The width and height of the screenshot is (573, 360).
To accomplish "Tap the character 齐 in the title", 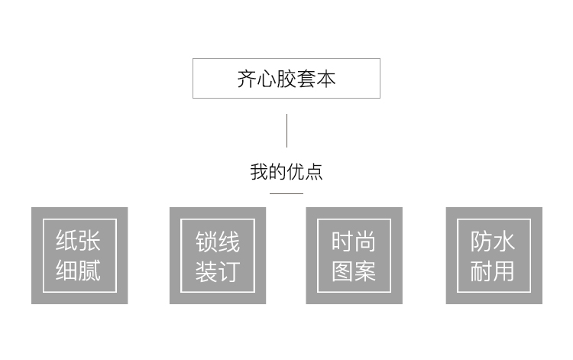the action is pyautogui.click(x=247, y=79).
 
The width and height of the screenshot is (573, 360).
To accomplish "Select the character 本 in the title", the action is pyautogui.click(x=326, y=79).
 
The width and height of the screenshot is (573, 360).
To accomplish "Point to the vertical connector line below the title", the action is pyautogui.click(x=286, y=131).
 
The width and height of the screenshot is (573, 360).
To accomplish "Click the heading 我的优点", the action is pyautogui.click(x=286, y=172).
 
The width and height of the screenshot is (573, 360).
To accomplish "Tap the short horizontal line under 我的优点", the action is pyautogui.click(x=286, y=193).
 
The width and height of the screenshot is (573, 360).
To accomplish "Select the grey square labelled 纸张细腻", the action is pyautogui.click(x=79, y=255).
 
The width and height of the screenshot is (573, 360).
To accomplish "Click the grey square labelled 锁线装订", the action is pyautogui.click(x=218, y=255).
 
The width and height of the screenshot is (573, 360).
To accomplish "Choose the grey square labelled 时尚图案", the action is pyautogui.click(x=354, y=255).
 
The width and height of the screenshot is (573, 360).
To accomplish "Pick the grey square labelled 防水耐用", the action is pyautogui.click(x=494, y=255).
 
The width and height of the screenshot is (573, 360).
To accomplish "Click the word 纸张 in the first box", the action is pyautogui.click(x=78, y=241).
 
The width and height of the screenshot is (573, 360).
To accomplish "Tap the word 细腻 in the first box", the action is pyautogui.click(x=78, y=271).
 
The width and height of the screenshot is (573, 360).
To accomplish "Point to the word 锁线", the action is pyautogui.click(x=218, y=242).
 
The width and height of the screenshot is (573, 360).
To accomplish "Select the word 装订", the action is pyautogui.click(x=218, y=271).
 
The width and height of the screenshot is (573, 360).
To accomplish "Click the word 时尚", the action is pyautogui.click(x=354, y=242).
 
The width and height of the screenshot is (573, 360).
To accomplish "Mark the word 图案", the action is pyautogui.click(x=354, y=271).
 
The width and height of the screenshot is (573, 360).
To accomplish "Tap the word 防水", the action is pyautogui.click(x=493, y=242).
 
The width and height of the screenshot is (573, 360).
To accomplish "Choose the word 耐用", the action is pyautogui.click(x=493, y=271).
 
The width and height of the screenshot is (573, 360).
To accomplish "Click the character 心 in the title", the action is pyautogui.click(x=267, y=79).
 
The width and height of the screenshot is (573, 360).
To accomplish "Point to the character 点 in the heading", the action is pyautogui.click(x=314, y=172).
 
